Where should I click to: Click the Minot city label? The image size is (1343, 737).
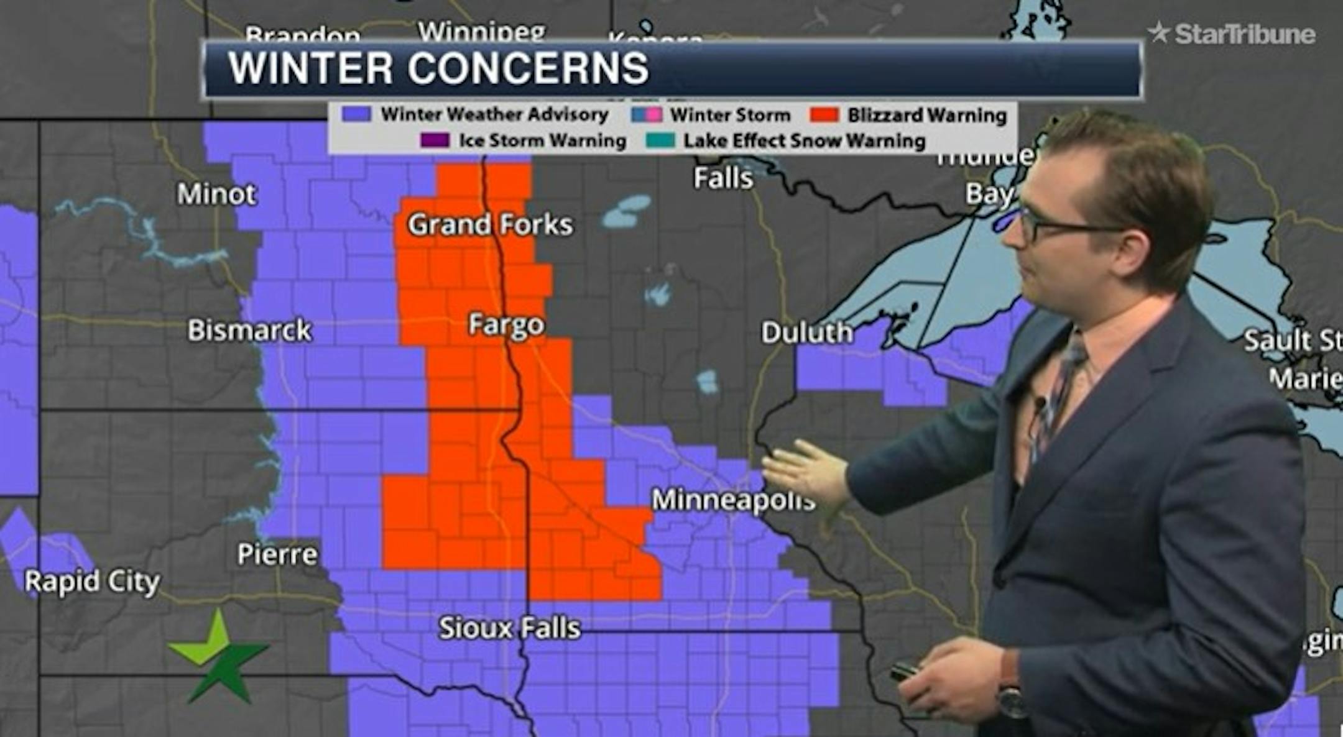(216, 195)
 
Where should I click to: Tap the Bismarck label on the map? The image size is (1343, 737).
(249, 331)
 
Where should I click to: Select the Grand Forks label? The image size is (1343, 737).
(490, 225)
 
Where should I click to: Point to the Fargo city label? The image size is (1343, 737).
(506, 324)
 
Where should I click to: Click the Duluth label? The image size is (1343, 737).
(806, 333)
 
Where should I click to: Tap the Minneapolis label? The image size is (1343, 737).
(732, 500)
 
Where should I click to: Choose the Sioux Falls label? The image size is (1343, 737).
(509, 628)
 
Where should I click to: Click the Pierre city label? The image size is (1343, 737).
(277, 554)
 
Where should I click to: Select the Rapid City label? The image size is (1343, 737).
(92, 582)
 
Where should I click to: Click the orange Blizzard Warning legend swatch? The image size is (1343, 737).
(824, 115)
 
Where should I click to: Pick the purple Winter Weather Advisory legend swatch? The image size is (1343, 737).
(356, 114)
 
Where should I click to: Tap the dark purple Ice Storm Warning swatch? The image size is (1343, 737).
(435, 140)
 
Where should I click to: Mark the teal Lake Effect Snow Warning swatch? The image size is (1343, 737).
(660, 140)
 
